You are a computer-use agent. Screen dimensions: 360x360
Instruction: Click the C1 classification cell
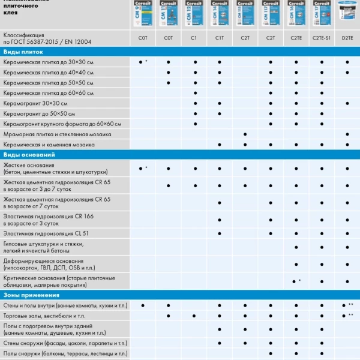(x=194, y=38)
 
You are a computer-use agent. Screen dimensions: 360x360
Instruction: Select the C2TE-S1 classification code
(x=322, y=38)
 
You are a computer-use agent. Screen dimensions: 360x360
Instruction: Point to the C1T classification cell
(x=220, y=38)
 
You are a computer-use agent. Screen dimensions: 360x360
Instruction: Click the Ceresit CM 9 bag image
(x=143, y=13)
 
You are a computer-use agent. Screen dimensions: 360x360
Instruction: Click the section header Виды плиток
(x=20, y=52)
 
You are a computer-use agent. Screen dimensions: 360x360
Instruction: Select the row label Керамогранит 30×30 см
(x=35, y=103)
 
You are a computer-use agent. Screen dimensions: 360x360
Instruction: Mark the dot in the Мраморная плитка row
(x=245, y=134)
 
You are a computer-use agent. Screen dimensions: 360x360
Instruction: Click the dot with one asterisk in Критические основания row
(x=295, y=281)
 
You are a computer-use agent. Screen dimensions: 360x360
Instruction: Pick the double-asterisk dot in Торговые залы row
(x=345, y=316)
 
